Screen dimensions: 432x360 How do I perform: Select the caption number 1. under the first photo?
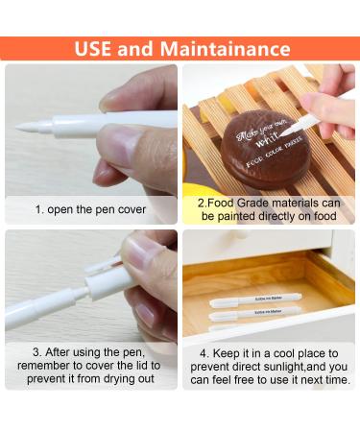pos(40,208)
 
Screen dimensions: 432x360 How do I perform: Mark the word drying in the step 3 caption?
pos(108,379)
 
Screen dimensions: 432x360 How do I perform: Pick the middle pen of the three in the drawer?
pos(255,313)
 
